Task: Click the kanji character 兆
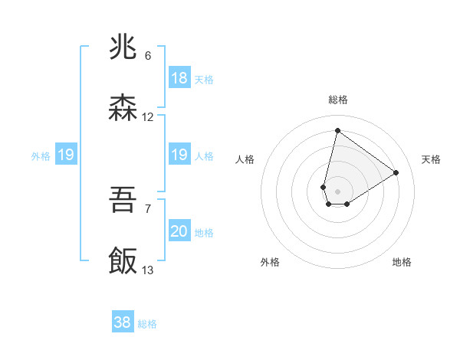[123, 48]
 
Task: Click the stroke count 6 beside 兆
[148, 56]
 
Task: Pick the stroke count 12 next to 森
[148, 117]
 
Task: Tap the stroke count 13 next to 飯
[148, 270]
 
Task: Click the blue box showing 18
[179, 78]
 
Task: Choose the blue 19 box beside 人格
[179, 155]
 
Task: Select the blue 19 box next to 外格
[66, 155]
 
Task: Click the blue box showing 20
[179, 231]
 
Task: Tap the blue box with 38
[123, 322]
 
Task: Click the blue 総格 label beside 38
[148, 324]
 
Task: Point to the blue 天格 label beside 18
[204, 80]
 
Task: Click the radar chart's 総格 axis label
[337, 100]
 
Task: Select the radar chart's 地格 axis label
[402, 262]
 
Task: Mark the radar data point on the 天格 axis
[396, 172]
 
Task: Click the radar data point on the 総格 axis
[337, 130]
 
